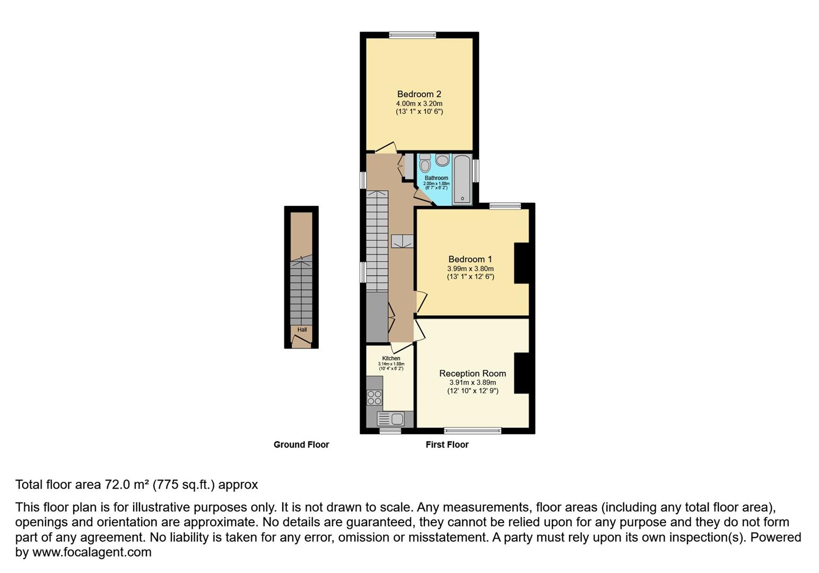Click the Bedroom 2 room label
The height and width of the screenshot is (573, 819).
coord(419,94)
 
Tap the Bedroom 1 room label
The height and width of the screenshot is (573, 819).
coord(470,259)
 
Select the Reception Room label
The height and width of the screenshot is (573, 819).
coord(472,373)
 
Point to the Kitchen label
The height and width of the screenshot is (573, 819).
coord(391,358)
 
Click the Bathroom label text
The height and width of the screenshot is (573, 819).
coord(436,178)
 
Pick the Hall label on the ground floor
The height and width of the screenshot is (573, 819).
coord(302,329)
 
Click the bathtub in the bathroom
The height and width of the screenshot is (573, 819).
coord(462,179)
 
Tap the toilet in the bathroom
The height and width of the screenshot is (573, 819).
coord(424,164)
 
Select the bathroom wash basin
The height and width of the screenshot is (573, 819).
coord(442,160)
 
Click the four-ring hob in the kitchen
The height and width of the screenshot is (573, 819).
coord(374,397)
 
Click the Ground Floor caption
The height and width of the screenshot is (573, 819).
coord(301,445)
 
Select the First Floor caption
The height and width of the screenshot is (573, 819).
coord(447,445)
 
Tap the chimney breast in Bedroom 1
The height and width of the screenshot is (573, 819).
coord(522,263)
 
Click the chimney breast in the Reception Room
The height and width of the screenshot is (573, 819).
coord(522,373)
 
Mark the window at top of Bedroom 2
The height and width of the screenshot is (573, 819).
coord(412,36)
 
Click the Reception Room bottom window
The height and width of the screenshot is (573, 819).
coord(472,430)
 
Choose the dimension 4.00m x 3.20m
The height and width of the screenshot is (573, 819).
coord(419,103)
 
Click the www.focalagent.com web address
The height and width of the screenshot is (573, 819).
coord(92,552)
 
